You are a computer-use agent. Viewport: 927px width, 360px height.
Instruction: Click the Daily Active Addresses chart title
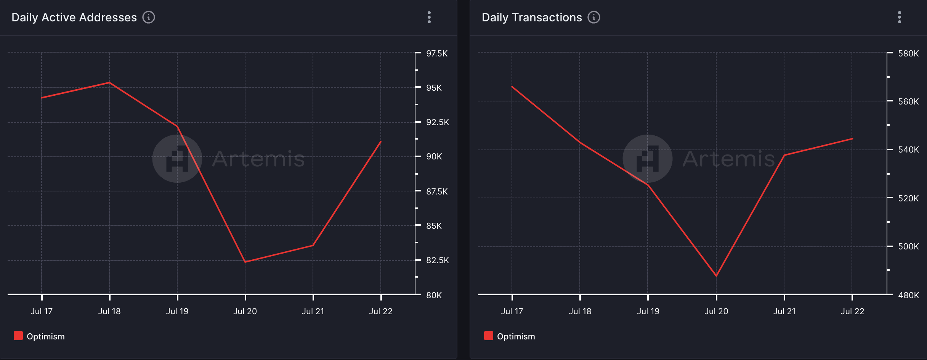(x=74, y=18)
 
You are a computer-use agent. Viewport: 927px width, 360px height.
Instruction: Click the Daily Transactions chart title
(x=532, y=18)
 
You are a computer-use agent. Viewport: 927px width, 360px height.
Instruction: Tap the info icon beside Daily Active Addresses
(x=149, y=17)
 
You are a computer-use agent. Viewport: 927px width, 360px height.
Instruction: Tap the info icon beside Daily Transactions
(x=594, y=17)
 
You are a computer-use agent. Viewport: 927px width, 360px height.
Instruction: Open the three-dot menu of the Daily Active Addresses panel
(x=429, y=17)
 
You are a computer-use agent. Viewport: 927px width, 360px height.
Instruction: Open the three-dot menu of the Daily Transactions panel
(x=900, y=17)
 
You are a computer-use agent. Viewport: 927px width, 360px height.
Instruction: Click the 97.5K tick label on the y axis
(x=437, y=53)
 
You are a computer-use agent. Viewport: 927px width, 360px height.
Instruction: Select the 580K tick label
(x=908, y=53)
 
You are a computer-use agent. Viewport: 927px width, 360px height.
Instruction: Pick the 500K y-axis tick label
(x=908, y=246)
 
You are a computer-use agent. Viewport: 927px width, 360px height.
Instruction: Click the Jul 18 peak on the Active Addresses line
(x=109, y=82)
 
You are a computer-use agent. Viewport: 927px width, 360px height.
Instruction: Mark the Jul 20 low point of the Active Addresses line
(x=245, y=262)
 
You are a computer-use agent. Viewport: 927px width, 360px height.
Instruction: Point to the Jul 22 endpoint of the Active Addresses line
(x=381, y=142)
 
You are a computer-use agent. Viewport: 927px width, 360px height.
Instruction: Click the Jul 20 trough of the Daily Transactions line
(x=716, y=276)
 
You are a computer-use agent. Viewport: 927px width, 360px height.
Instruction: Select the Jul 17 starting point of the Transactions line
(x=512, y=87)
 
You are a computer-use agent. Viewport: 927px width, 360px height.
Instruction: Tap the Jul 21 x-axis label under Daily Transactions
(x=784, y=311)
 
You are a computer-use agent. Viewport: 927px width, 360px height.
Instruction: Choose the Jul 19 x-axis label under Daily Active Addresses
(x=177, y=311)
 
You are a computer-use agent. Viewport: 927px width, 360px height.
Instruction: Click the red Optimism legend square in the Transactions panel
(x=488, y=336)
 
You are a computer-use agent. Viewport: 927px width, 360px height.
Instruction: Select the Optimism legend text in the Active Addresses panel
(x=46, y=336)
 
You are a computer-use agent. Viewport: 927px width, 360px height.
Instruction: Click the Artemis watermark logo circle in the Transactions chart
(x=647, y=159)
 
